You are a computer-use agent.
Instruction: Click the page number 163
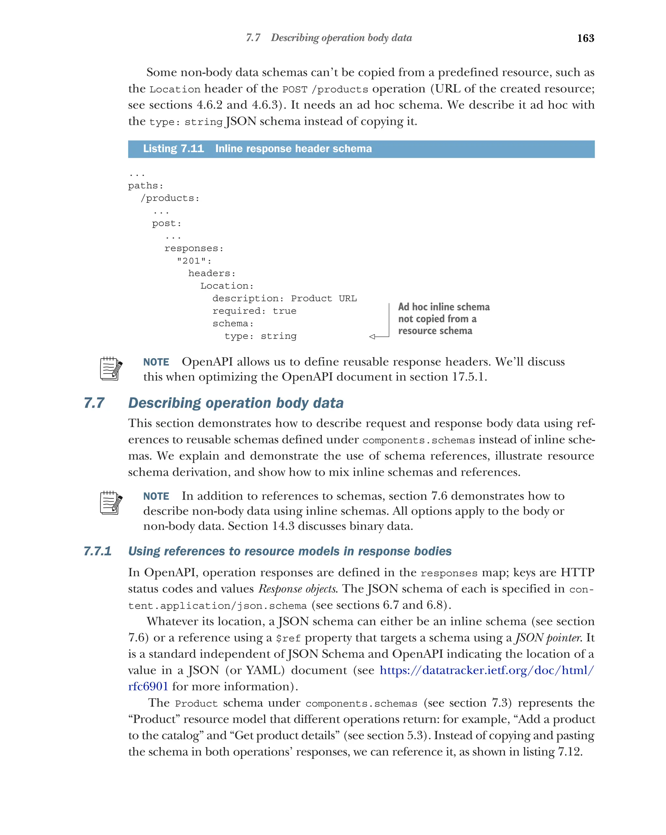pos(585,38)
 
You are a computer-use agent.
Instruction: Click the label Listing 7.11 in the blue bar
pos(173,149)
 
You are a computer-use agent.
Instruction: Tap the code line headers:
pos(211,273)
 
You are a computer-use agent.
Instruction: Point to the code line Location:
pos(227,286)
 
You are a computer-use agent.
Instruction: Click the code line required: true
pos(254,311)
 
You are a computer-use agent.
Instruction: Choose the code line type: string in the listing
pos(260,336)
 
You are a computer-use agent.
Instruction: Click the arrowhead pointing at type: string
pos(372,336)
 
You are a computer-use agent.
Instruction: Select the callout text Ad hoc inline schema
pos(444,307)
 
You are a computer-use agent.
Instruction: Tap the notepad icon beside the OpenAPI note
pos(111,368)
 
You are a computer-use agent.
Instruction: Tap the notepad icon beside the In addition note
pos(111,503)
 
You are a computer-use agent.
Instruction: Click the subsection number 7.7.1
pos(98,551)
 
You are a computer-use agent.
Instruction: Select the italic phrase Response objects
pos(298,589)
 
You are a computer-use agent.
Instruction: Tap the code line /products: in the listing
pos(170,198)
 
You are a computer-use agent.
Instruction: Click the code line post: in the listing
pos(166,224)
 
